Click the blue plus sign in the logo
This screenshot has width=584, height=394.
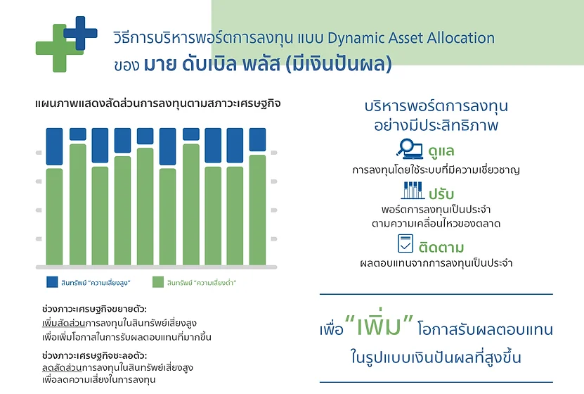[80, 33]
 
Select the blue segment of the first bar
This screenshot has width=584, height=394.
[54, 146]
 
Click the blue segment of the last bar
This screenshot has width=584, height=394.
[257, 139]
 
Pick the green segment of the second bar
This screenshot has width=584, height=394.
[78, 205]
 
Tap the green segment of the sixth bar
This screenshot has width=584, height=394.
[167, 217]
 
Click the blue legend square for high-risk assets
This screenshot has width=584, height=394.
[52, 282]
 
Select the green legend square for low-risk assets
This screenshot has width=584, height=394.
[158, 282]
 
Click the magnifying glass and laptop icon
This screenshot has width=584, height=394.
[409, 148]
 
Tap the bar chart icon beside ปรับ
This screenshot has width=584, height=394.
[413, 191]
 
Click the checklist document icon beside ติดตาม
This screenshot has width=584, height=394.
[405, 243]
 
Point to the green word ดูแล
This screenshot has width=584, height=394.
[441, 151]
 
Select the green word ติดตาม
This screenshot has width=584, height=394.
[441, 247]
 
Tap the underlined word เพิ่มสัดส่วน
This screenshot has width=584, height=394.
[64, 323]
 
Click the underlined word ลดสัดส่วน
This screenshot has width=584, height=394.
[62, 367]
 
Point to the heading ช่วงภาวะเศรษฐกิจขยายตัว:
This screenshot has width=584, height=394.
[94, 309]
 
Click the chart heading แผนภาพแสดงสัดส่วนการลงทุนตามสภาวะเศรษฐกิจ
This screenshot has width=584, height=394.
[158, 103]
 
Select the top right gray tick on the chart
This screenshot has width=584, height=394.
[274, 153]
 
